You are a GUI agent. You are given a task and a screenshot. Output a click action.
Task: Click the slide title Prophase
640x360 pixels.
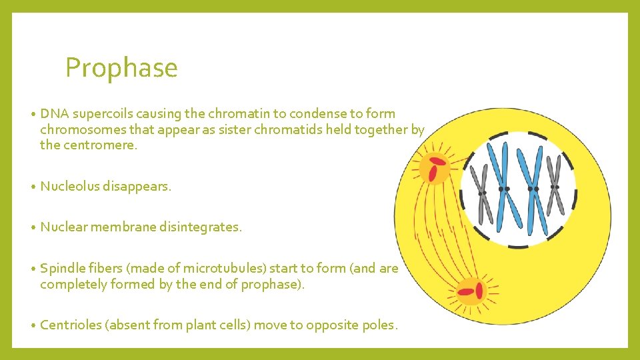[x=121, y=68]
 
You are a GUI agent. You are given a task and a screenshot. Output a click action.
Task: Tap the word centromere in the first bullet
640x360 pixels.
[x=99, y=145]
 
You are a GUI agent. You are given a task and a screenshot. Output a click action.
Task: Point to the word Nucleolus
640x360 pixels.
[x=69, y=187]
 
